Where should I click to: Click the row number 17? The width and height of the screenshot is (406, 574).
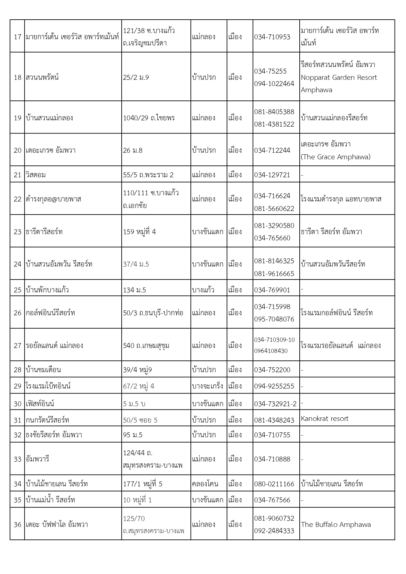click(17, 37)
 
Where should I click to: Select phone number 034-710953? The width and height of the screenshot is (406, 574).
click(272, 37)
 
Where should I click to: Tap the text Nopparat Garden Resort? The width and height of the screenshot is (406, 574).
click(339, 78)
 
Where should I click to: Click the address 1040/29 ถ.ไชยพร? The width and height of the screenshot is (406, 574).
click(149, 118)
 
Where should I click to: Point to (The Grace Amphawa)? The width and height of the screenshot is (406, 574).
click(336, 157)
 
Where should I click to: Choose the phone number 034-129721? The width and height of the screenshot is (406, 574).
click(272, 175)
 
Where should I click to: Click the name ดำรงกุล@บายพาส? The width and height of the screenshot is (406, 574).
click(53, 199)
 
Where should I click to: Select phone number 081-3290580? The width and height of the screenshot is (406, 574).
click(274, 226)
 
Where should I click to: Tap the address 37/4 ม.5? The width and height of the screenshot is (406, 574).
click(136, 264)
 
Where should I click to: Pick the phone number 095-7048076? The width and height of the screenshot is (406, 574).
click(274, 319)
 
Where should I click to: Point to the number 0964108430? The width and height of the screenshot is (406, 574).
click(271, 351)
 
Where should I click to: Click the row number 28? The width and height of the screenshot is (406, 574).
click(17, 370)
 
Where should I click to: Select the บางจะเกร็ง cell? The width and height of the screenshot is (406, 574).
click(208, 386)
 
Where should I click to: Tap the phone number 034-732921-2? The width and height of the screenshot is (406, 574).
click(275, 404)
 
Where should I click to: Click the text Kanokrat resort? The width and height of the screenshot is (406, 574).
click(325, 419)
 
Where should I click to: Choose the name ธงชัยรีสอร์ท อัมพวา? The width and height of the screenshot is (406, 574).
click(54, 435)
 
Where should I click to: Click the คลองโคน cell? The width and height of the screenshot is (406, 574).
click(205, 484)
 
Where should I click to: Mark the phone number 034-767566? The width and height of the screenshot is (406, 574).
click(272, 500)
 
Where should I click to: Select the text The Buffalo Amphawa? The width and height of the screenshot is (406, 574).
click(336, 525)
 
